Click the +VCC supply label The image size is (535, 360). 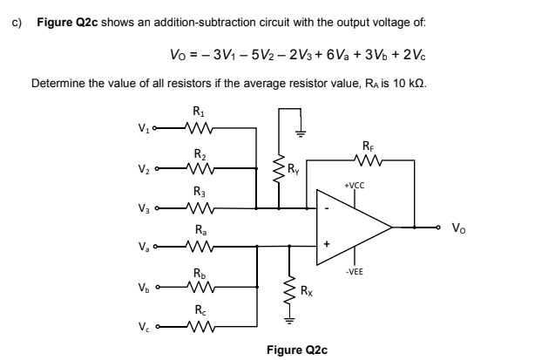tap(356, 186)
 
